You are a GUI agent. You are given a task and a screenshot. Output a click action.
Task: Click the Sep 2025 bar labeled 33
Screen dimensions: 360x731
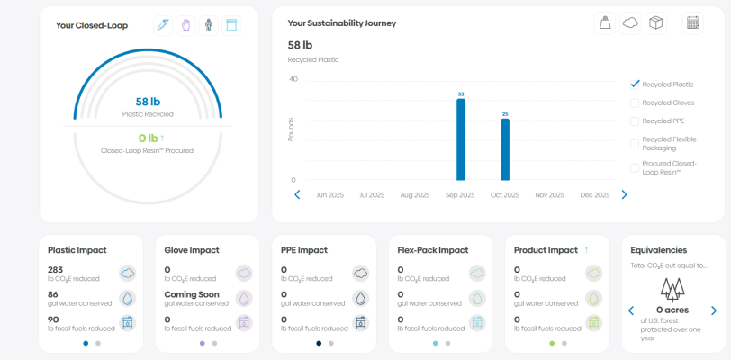point(461,139)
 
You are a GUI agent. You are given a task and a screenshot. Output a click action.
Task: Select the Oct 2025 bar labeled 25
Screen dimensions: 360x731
point(505,149)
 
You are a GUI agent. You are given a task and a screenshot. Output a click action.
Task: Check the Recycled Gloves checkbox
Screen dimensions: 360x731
point(635,103)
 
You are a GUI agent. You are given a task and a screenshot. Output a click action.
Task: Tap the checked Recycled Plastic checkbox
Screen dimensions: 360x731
point(635,84)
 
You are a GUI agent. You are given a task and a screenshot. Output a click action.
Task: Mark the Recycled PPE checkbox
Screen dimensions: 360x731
point(635,121)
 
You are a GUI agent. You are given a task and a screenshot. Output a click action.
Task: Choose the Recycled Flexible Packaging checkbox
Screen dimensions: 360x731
point(635,139)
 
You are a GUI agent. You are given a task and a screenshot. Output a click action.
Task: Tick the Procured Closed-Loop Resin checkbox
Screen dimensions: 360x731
point(635,166)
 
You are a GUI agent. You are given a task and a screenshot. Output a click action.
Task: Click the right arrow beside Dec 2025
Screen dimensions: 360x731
point(624,194)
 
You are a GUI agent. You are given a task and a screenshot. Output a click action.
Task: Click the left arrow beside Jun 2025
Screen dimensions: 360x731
point(297,194)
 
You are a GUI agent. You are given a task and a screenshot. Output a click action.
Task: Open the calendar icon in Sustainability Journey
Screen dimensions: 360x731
point(692,23)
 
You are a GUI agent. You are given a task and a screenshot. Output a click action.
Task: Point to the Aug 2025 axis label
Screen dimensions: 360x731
point(415,194)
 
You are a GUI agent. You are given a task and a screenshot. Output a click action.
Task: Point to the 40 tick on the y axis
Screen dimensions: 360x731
point(293,79)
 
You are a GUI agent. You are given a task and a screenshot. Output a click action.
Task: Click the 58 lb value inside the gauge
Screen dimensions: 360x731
point(148,102)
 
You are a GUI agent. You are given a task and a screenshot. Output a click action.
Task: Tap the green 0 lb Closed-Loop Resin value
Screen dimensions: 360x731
point(146,138)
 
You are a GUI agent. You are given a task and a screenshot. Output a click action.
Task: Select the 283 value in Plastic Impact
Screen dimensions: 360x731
point(57,269)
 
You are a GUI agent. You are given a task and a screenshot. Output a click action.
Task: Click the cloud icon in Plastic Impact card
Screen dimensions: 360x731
point(127,273)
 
